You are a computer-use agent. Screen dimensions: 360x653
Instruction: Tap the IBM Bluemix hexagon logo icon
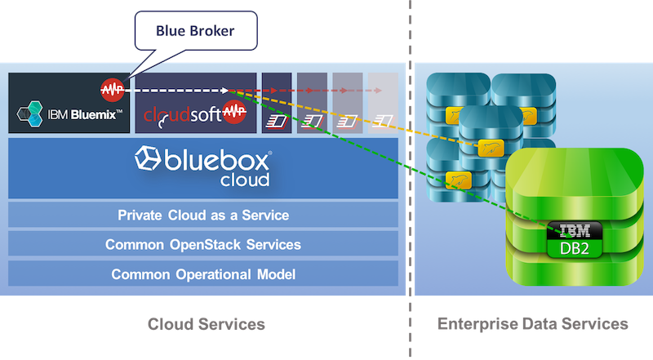click(x=31, y=113)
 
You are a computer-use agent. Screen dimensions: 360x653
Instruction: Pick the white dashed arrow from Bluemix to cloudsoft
click(x=175, y=91)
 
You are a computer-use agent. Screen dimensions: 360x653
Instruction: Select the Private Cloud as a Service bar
click(x=203, y=216)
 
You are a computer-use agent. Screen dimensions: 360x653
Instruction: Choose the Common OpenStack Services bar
click(x=203, y=244)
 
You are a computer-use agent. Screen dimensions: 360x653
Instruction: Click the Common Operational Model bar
click(x=203, y=273)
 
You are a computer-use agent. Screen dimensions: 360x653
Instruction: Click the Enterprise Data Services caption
click(x=533, y=325)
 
